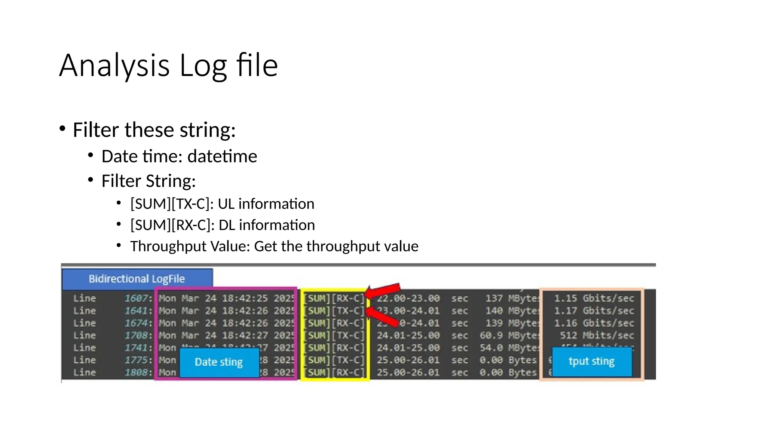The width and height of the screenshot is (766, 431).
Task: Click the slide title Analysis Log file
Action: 168,65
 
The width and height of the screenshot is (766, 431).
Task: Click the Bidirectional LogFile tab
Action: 137,279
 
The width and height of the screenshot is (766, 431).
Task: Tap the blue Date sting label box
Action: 219,362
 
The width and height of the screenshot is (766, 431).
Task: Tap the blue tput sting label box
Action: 591,361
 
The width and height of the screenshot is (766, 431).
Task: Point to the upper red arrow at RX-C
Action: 383,291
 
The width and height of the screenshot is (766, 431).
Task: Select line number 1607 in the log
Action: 137,299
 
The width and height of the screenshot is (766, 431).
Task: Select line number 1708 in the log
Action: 137,336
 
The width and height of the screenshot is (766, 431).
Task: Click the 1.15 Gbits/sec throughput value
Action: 594,299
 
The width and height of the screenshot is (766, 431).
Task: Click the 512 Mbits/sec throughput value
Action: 597,336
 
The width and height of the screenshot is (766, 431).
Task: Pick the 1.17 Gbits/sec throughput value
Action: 594,311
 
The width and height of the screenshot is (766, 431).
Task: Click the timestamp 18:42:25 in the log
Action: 245,299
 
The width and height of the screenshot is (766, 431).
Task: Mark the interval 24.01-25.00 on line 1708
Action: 408,336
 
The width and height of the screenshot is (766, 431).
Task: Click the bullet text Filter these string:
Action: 154,130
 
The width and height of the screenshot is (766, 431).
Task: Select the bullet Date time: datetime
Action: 179,156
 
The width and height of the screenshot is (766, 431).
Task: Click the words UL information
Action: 266,204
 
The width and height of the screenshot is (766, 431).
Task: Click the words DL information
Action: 266,225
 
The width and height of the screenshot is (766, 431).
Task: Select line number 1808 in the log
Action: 137,373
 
